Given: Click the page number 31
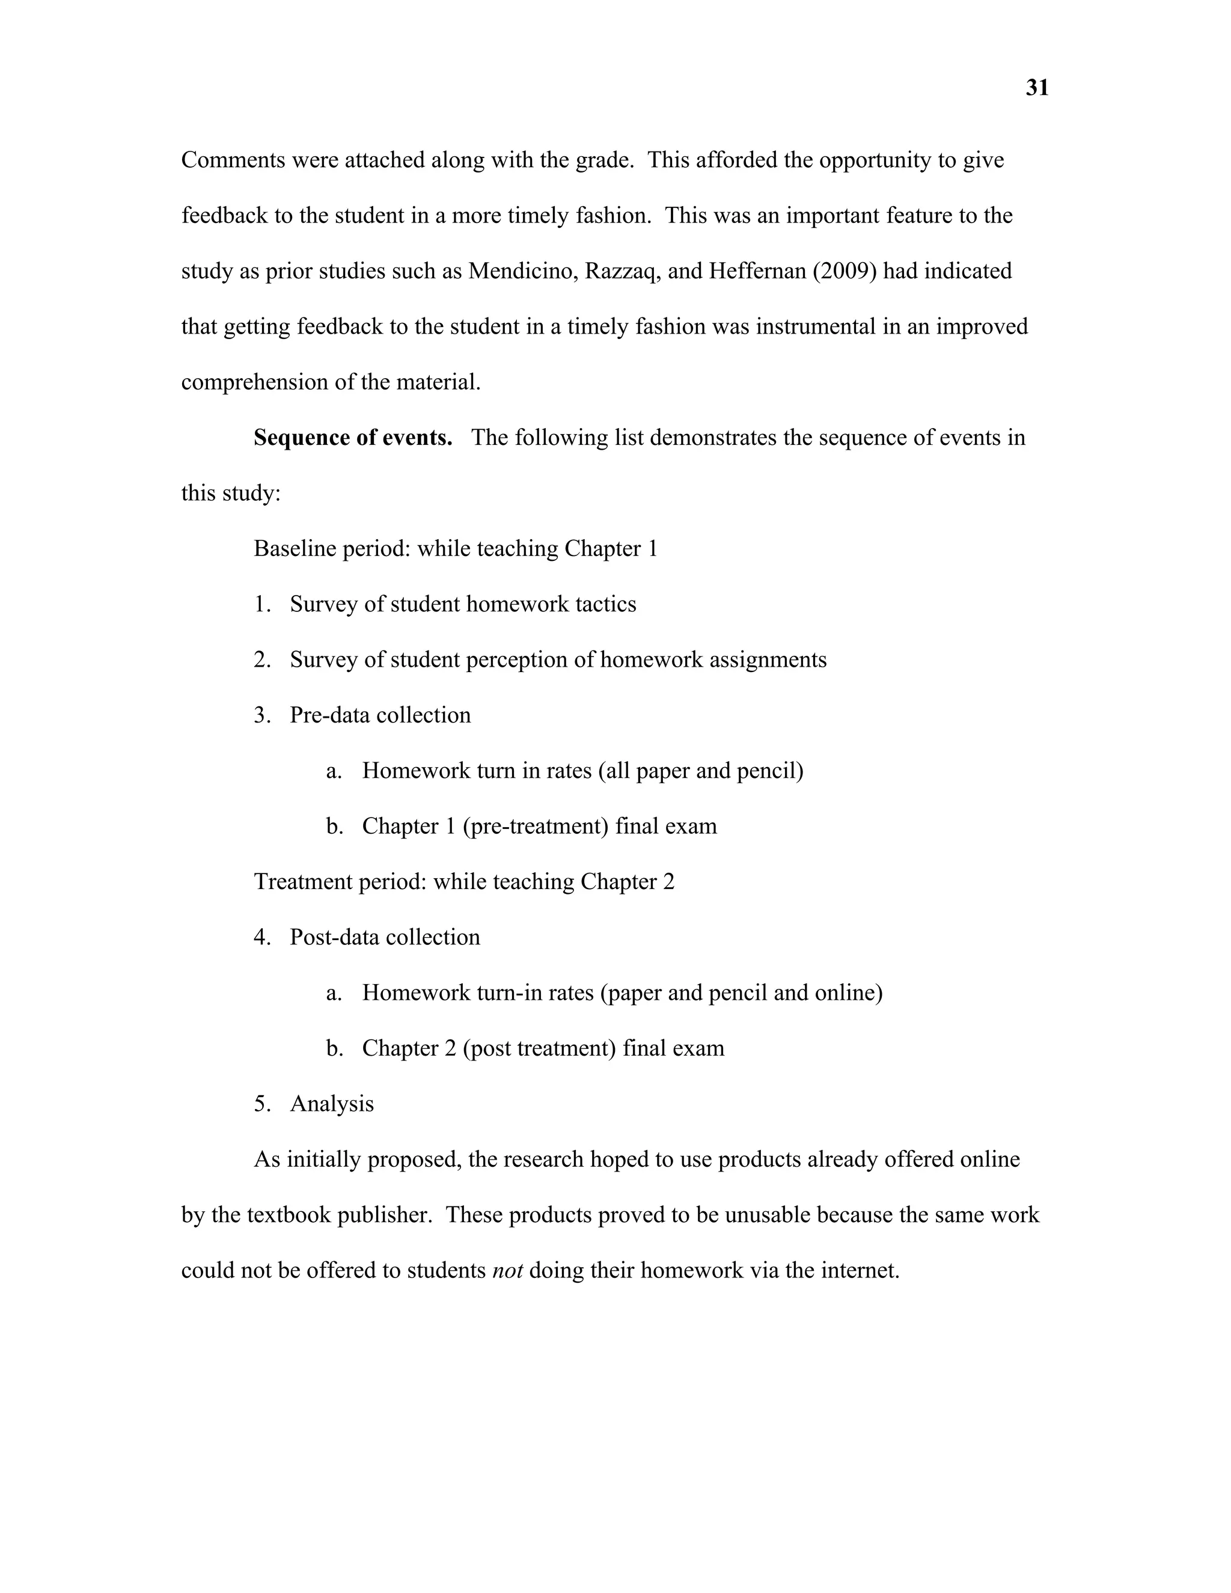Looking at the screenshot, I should [1036, 88].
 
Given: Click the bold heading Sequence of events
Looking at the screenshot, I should [353, 438].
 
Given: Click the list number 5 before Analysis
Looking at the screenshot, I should [261, 1104].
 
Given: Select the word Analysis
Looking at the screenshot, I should [332, 1104].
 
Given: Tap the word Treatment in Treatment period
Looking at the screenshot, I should [303, 882].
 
